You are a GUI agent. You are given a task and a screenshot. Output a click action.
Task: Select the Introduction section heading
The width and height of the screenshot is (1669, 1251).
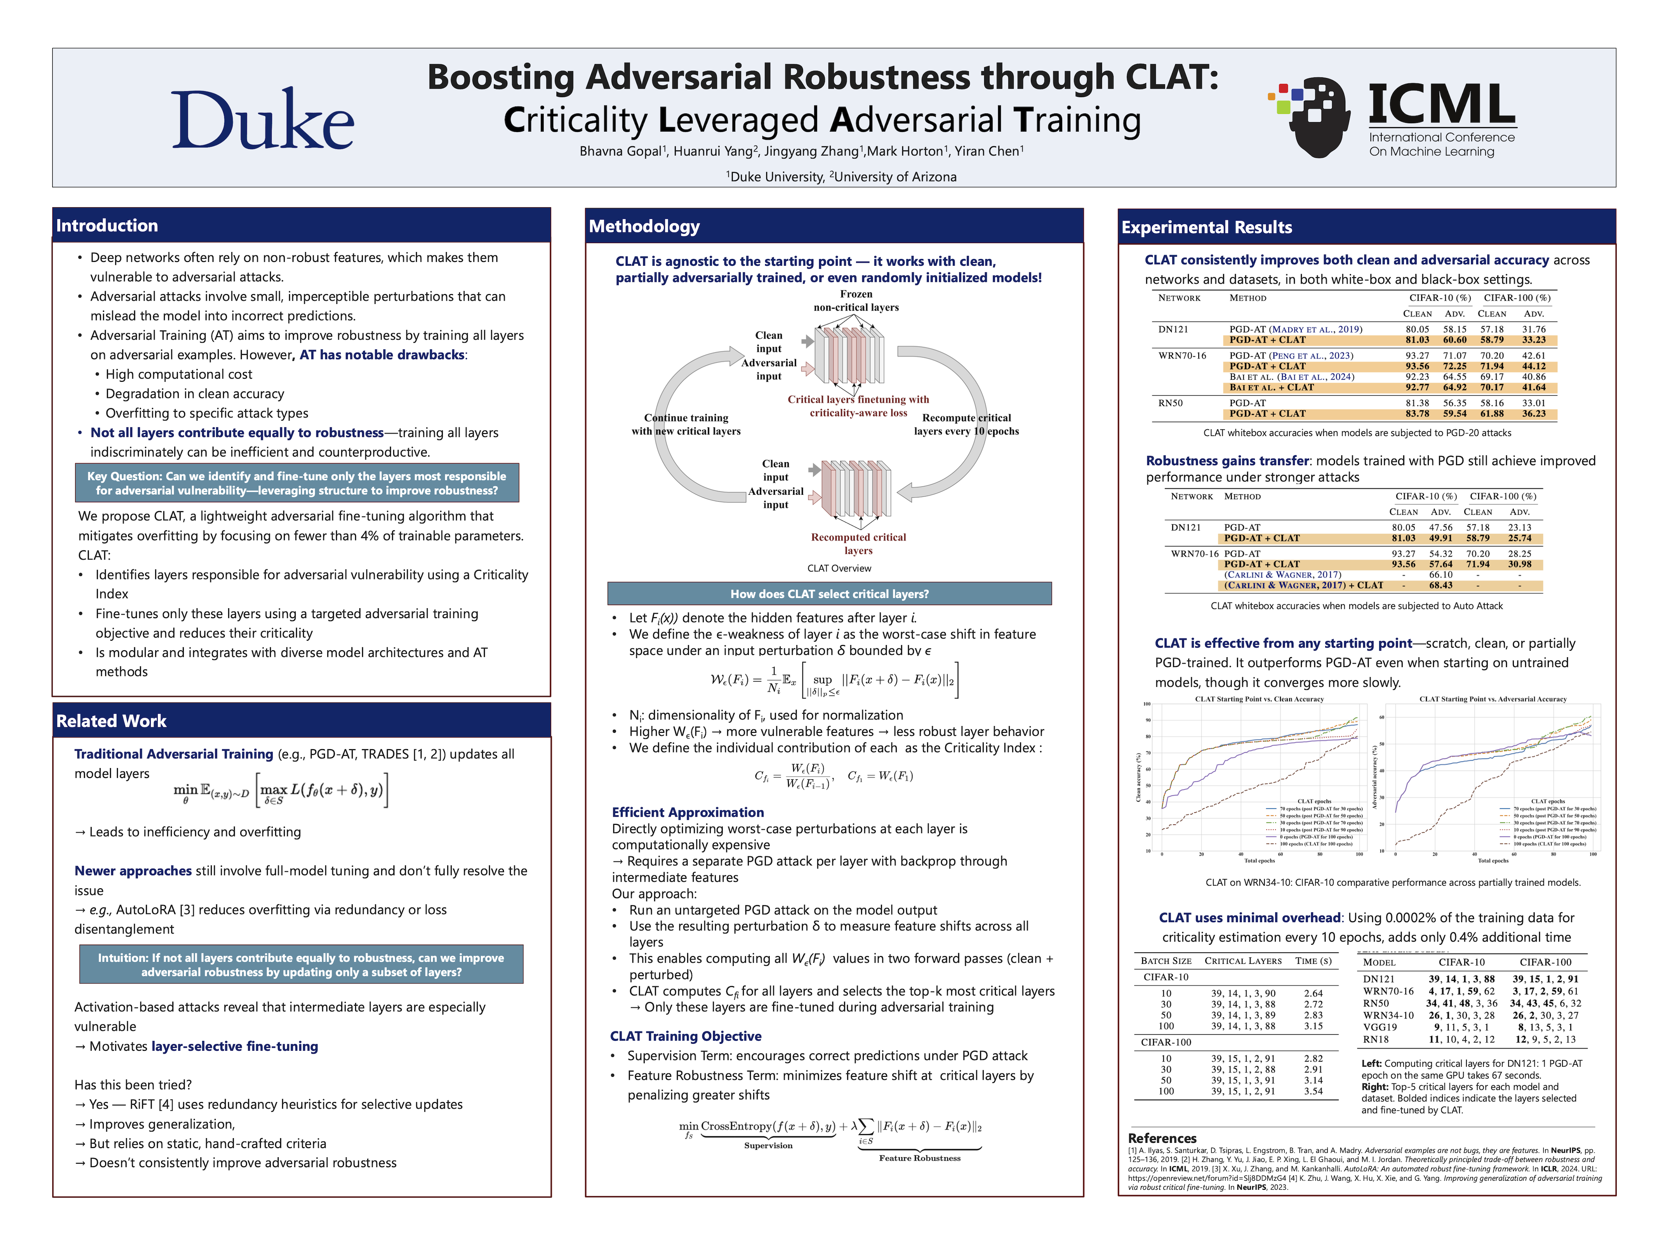point(107,225)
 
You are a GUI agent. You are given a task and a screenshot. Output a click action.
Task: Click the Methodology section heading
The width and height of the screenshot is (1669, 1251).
point(645,226)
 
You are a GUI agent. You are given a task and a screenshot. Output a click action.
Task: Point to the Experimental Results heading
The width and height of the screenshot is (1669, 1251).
point(1207,227)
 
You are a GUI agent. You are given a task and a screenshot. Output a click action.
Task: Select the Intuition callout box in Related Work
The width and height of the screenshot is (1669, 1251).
point(301,964)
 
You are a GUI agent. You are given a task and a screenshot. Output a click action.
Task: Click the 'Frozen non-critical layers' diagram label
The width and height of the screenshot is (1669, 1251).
point(856,301)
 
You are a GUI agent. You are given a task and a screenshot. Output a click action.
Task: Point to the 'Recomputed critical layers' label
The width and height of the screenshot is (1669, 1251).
point(858,544)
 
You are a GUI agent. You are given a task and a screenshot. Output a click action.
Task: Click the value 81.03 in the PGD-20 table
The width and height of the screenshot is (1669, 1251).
point(1417,340)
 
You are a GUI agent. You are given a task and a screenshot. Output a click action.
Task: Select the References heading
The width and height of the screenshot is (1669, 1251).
point(1162,1138)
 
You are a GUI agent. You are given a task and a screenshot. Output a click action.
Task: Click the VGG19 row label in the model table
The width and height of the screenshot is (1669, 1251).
point(1380,1027)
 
